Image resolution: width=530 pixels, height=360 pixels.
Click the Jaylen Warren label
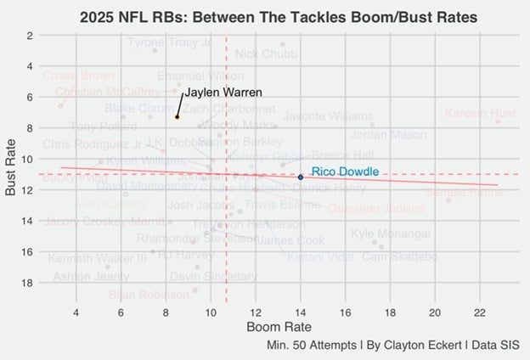pos(223,92)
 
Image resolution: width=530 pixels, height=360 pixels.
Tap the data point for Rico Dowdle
pos(301,177)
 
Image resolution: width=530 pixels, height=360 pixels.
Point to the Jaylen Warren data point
pos(177,116)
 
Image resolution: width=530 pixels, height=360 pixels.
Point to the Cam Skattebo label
pos(400,256)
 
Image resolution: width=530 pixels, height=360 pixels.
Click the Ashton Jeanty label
pos(92,277)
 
